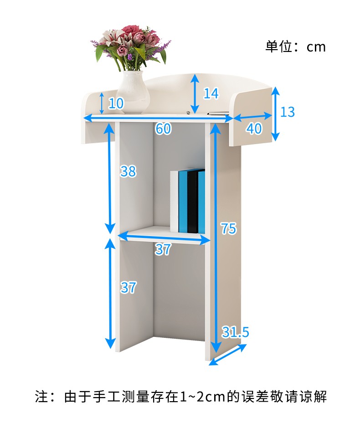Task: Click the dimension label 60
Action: [163, 129]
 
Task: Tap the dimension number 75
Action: [228, 228]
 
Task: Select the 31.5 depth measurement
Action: [235, 332]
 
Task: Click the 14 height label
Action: [211, 94]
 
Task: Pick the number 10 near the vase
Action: [116, 103]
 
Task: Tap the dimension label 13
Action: [288, 112]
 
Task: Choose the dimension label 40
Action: [254, 129]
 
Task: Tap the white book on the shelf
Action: [174, 201]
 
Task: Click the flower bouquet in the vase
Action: [131, 46]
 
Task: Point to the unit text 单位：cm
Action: [296, 46]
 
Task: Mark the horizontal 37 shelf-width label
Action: [163, 249]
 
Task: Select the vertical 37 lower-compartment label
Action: [128, 287]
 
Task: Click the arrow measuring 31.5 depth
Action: [228, 354]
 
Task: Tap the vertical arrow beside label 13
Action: [275, 114]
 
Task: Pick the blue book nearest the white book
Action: [183, 201]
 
